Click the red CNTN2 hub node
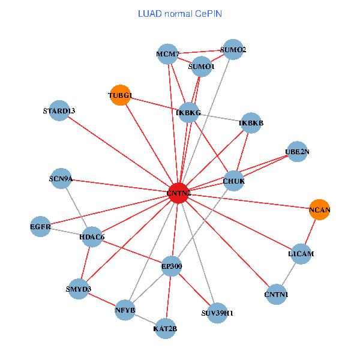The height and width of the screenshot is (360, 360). pos(178,193)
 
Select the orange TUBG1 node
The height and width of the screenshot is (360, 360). pos(121,95)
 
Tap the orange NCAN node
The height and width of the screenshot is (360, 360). pos(320,209)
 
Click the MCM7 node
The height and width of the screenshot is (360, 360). pos(167,55)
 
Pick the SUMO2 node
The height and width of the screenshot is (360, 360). pos(232,50)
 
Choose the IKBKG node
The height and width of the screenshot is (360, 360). pos(189,112)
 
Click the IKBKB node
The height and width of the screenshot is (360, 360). pos(251,123)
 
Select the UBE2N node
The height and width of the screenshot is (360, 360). pos(297,152)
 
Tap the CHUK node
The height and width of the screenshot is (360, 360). pos(233,181)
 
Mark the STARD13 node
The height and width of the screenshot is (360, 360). pos(59,110)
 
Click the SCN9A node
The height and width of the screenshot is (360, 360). pos(61,178)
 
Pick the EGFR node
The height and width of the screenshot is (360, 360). pos(40,227)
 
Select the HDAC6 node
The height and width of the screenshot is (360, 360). pos(92,237)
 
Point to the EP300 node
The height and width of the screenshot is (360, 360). pos(172,266)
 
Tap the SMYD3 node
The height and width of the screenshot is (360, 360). pos(79,289)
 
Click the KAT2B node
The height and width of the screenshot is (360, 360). pos(165,328)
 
